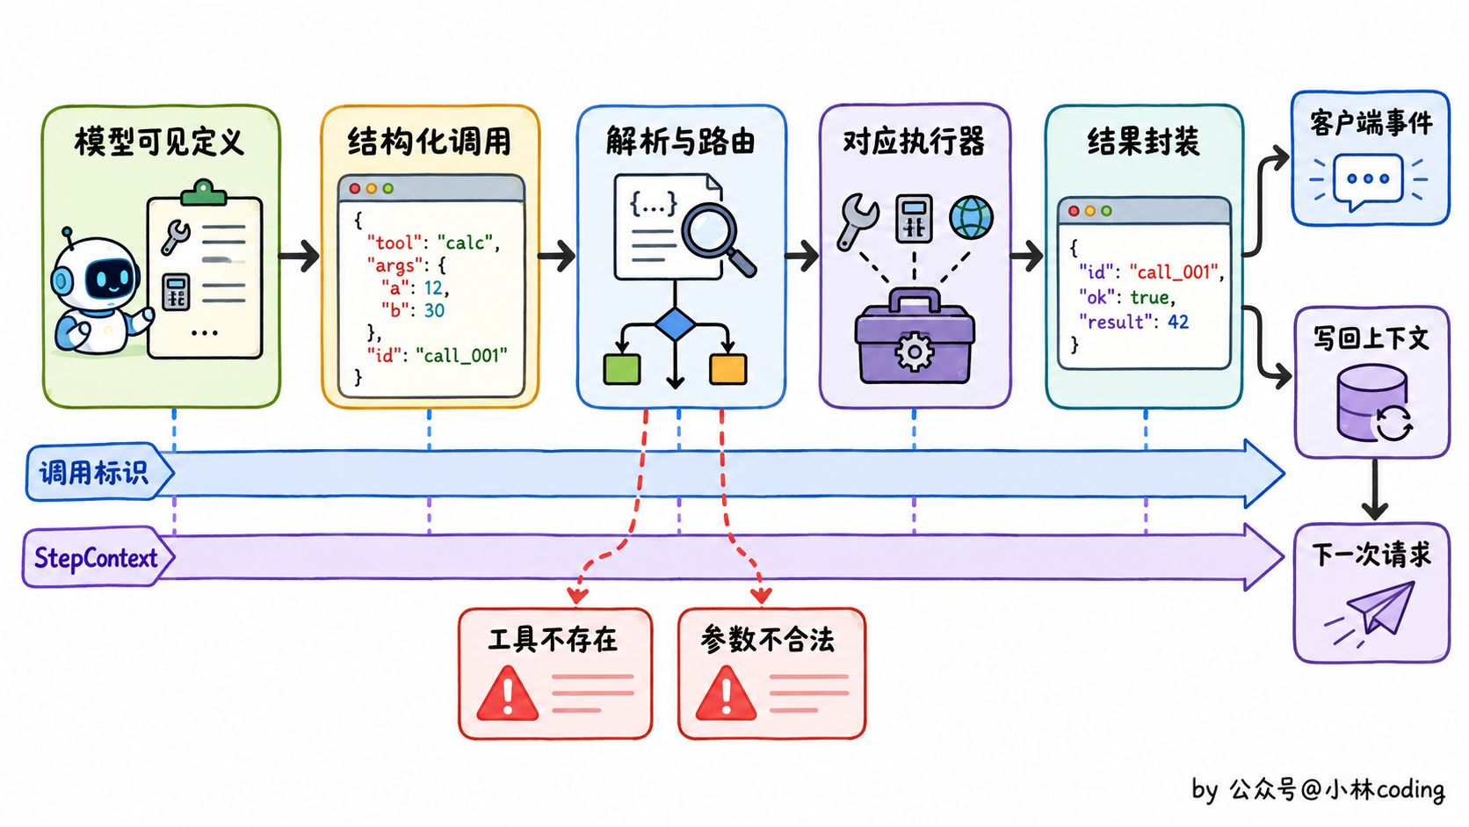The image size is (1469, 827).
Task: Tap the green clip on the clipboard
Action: [204, 193]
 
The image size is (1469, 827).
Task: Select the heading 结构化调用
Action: [430, 141]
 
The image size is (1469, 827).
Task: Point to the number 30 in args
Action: [434, 310]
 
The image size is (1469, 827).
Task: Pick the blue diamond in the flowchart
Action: [675, 324]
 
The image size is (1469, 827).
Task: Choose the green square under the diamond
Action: [622, 369]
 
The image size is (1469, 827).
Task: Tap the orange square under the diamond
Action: [728, 369]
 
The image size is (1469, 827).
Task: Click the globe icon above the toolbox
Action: [971, 218]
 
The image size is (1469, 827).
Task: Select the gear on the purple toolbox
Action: [915, 352]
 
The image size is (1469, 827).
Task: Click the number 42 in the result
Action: [1178, 322]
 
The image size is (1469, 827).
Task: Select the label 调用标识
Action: [94, 473]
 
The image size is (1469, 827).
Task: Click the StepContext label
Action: [96, 558]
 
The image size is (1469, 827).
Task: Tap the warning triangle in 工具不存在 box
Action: [507, 694]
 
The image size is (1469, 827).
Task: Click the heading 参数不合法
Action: [767, 640]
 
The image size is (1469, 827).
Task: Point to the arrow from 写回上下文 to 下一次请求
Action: [1375, 490]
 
